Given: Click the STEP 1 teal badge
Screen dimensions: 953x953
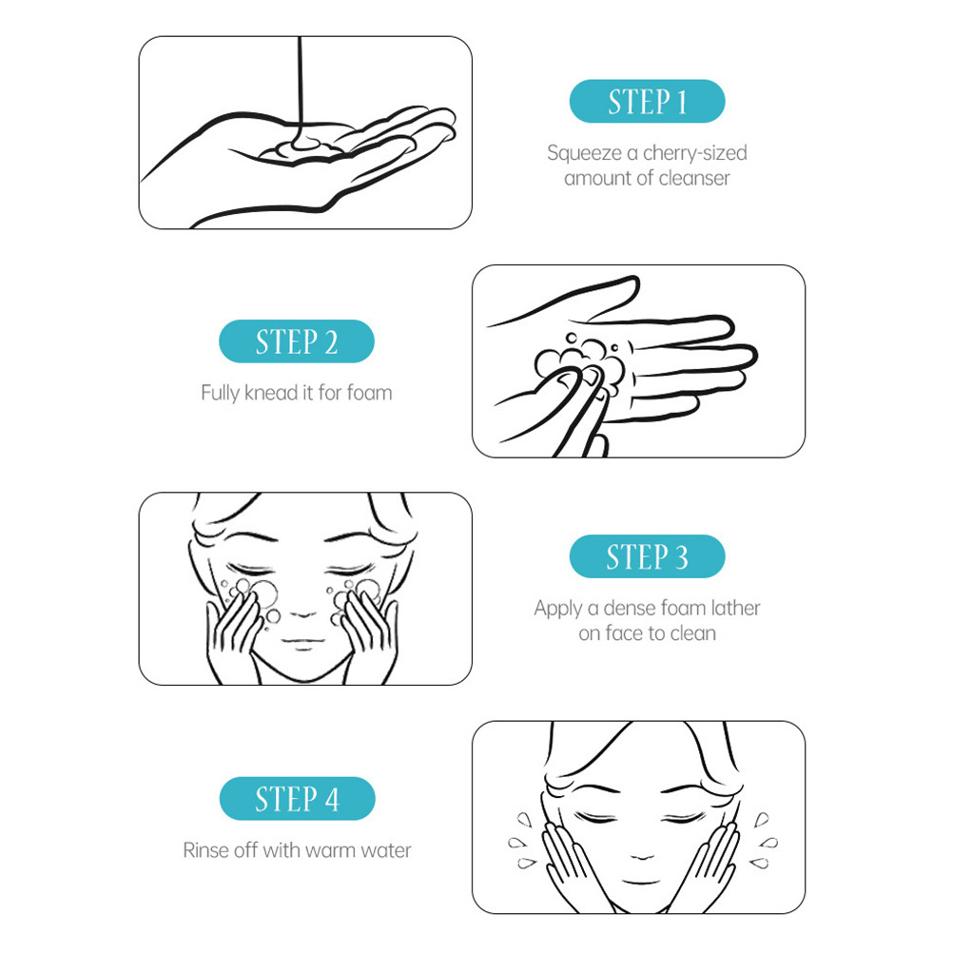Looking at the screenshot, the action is coord(647,101).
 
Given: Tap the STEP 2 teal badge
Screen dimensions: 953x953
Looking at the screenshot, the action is coord(296,340).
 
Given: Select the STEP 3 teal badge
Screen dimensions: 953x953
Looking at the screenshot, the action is coord(647,556).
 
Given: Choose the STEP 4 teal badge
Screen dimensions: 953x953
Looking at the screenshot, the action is coord(297,798).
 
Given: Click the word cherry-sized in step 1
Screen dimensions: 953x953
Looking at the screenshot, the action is coord(694,153).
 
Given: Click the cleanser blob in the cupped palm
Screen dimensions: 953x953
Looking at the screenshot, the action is coord(299,149).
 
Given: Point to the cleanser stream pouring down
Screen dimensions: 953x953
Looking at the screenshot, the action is coord(300,91).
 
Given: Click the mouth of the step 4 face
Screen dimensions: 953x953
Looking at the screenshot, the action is coord(641,881).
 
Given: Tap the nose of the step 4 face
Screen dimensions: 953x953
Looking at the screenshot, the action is coord(642,856).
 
